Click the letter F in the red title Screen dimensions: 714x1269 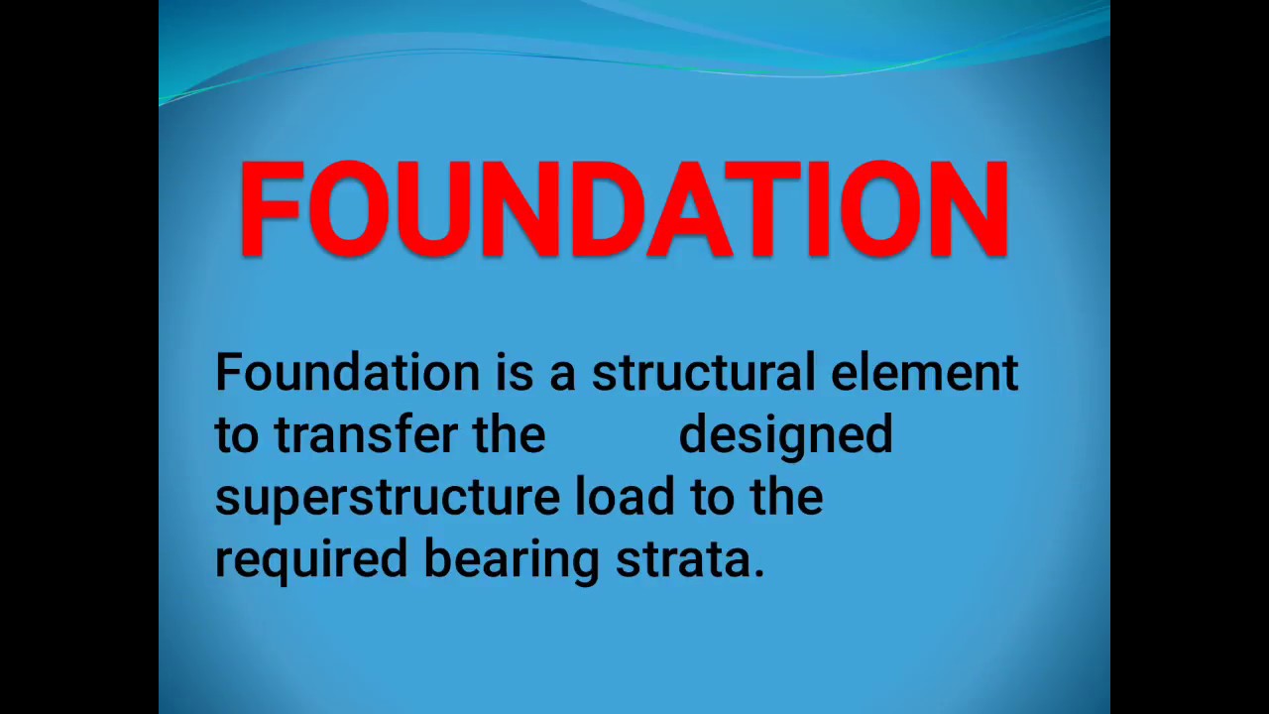click(x=270, y=208)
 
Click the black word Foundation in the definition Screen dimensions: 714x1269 click(x=347, y=373)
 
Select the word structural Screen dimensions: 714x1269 click(x=703, y=373)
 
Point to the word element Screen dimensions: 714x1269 click(x=924, y=373)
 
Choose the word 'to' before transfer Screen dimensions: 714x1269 click(x=237, y=435)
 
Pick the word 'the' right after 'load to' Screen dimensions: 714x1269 click(x=786, y=497)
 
